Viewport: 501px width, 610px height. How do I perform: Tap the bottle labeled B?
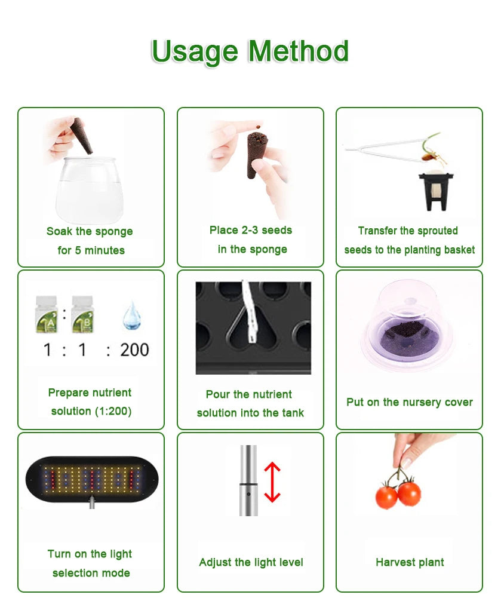click(81, 315)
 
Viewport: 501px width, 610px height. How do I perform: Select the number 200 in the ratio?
click(134, 350)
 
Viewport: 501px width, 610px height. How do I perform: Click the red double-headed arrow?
click(272, 482)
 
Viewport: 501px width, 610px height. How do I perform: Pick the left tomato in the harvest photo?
click(386, 496)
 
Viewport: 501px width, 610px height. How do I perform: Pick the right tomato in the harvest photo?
click(410, 493)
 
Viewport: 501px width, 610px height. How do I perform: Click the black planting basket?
click(434, 190)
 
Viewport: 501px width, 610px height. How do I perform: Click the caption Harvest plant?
click(410, 562)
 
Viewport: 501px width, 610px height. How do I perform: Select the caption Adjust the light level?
click(251, 562)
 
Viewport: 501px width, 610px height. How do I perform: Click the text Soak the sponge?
click(90, 231)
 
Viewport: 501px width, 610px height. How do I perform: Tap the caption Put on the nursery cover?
click(409, 402)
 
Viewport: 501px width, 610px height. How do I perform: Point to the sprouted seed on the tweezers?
click(429, 156)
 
